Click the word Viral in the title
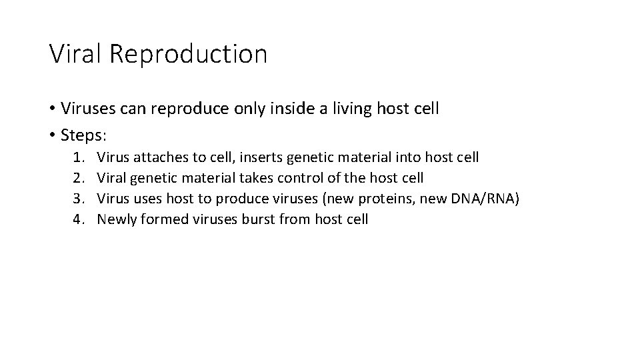[x=74, y=53]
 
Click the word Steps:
[x=83, y=135]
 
